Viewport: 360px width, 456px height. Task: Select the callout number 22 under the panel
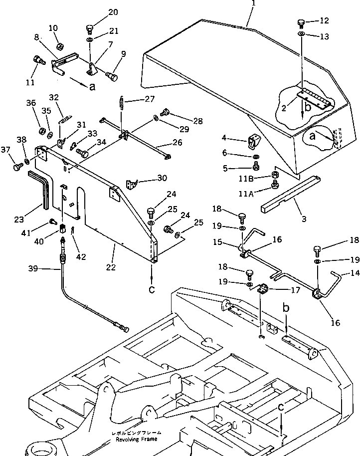[x=111, y=267]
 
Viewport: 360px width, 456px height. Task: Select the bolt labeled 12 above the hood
[x=301, y=22]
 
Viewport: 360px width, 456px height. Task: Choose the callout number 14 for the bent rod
[x=354, y=273]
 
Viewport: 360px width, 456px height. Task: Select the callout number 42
[x=81, y=257]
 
